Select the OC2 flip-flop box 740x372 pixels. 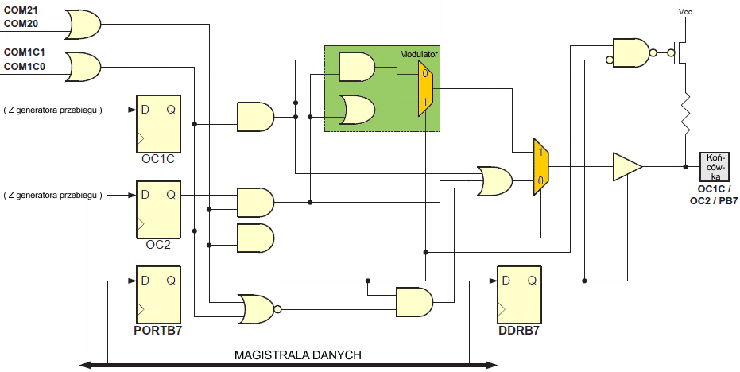click(158, 209)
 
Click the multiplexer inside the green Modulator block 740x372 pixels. click(426, 87)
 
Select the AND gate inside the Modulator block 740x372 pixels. click(356, 68)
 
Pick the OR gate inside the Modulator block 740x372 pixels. click(356, 110)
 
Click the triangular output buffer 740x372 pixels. click(626, 166)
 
